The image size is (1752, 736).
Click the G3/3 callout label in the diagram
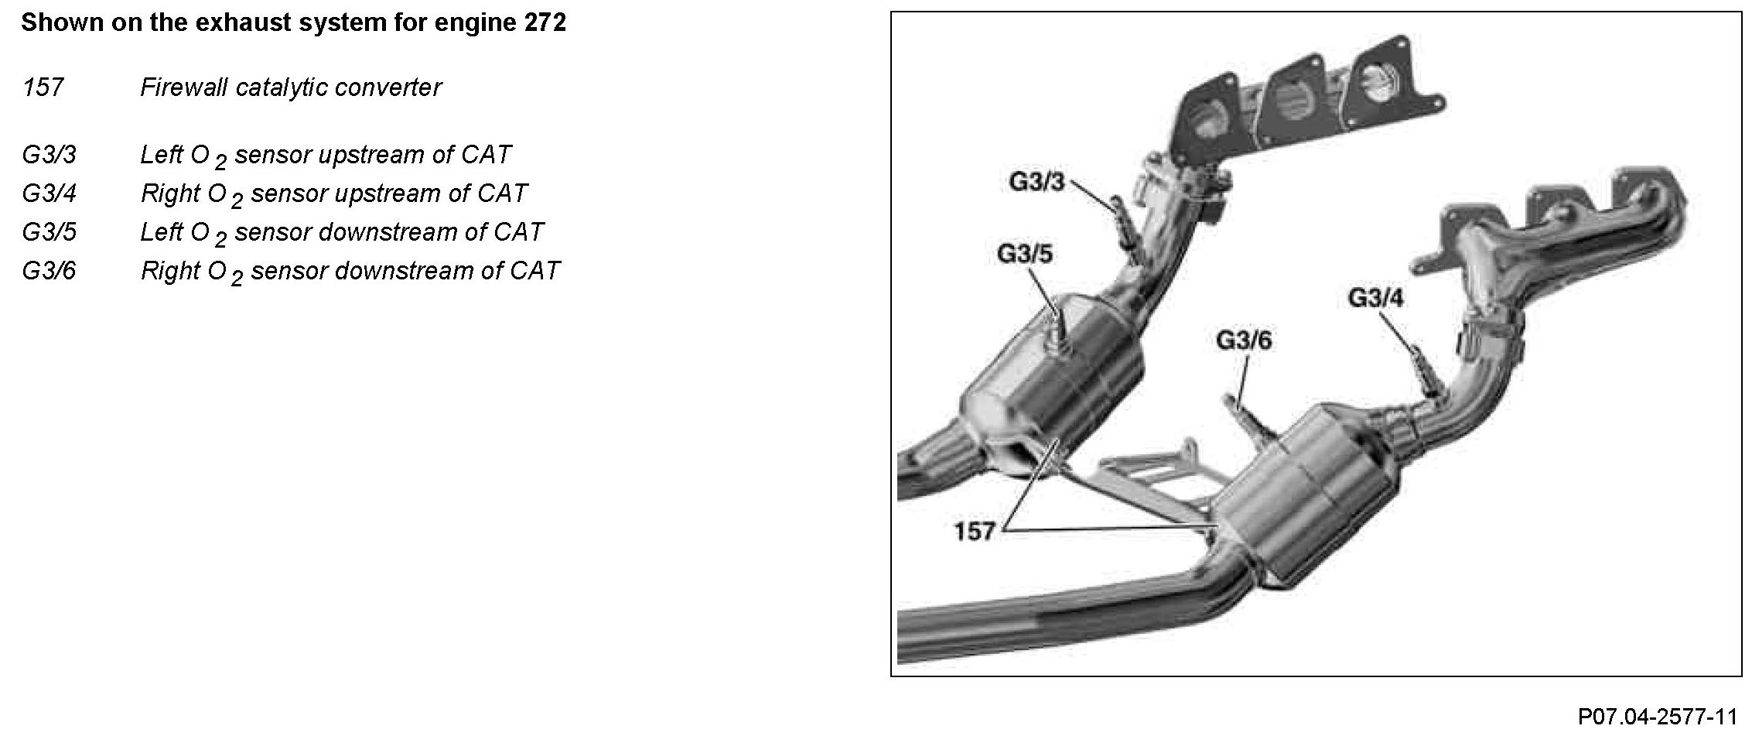click(x=1037, y=182)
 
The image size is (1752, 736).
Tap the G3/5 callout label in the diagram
click(x=1024, y=254)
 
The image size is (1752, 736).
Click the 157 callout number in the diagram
click(x=974, y=532)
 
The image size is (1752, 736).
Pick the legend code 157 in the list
click(x=43, y=87)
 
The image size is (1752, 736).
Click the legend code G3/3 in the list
click(x=49, y=155)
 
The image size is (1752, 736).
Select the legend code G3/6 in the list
click(x=49, y=271)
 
